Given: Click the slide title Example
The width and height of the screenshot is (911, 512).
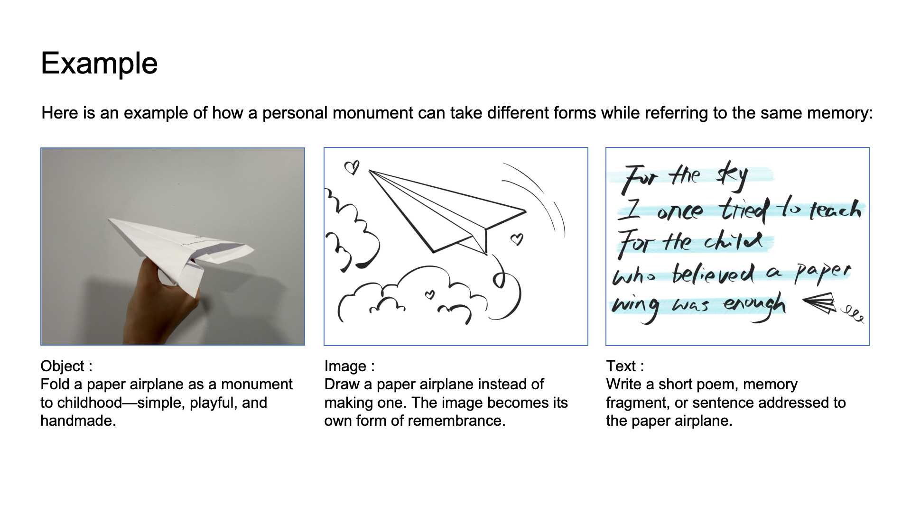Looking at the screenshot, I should (99, 63).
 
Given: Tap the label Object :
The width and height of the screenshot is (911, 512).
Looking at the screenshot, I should (66, 366).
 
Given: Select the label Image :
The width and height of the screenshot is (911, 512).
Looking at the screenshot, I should (349, 366).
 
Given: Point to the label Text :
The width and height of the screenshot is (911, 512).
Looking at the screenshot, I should (625, 366).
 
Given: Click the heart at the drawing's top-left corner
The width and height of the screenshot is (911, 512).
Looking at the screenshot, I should (352, 167).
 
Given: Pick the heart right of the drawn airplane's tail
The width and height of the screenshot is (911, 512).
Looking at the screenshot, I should (517, 239).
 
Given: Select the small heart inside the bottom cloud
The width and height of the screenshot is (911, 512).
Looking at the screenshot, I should (429, 295).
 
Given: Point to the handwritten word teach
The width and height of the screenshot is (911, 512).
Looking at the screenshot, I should (835, 209).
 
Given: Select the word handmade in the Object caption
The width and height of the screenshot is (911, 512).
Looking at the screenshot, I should (78, 421).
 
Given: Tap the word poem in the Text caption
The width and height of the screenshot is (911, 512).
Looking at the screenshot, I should (721, 384).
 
